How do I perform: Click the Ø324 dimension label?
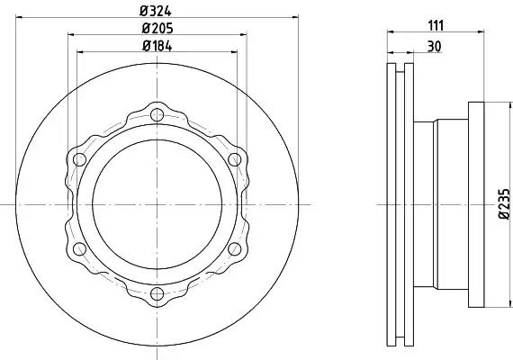pyautogui.click(x=156, y=11)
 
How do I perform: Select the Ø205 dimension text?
pyautogui.click(x=157, y=29)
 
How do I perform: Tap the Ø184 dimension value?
pyautogui.click(x=157, y=46)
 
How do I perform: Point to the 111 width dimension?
pyautogui.click(x=436, y=25)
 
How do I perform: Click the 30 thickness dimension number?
pyautogui.click(x=434, y=47)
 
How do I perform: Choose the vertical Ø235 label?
pyautogui.click(x=504, y=203)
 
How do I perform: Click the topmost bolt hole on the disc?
pyautogui.click(x=157, y=114)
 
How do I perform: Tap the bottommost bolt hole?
pyautogui.click(x=157, y=293)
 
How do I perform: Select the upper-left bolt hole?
pyautogui.click(x=79, y=159)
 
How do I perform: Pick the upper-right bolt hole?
pyautogui.click(x=235, y=159)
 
